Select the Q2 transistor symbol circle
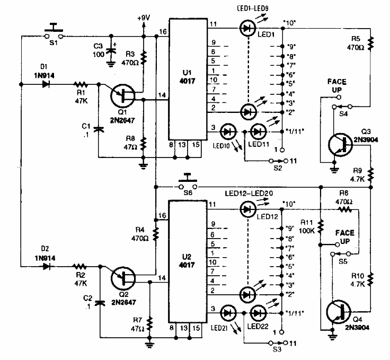coord(124,278)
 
